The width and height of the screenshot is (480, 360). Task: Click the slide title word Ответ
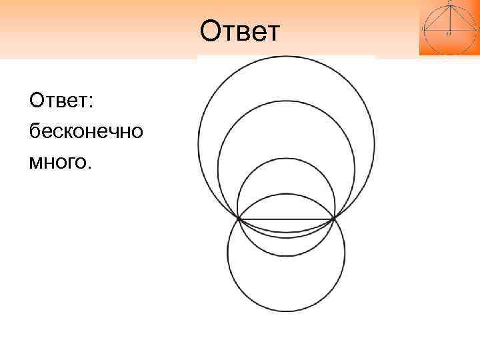click(x=241, y=30)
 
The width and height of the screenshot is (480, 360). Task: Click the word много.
click(x=59, y=161)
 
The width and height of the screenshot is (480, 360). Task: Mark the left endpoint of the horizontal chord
click(x=239, y=219)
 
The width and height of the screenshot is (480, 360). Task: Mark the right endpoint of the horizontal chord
click(x=334, y=219)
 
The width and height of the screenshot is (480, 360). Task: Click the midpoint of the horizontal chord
click(x=287, y=219)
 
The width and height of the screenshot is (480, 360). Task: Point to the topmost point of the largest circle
click(x=286, y=56)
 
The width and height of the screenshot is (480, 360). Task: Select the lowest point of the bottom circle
click(x=286, y=311)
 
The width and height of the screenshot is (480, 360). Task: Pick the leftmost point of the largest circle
click(x=198, y=144)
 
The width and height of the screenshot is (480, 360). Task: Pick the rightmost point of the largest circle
click(x=375, y=144)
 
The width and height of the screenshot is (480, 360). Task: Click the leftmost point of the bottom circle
click(x=227, y=253)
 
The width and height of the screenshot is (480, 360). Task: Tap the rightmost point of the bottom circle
click(x=345, y=253)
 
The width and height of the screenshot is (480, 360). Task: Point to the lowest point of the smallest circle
click(x=286, y=256)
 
